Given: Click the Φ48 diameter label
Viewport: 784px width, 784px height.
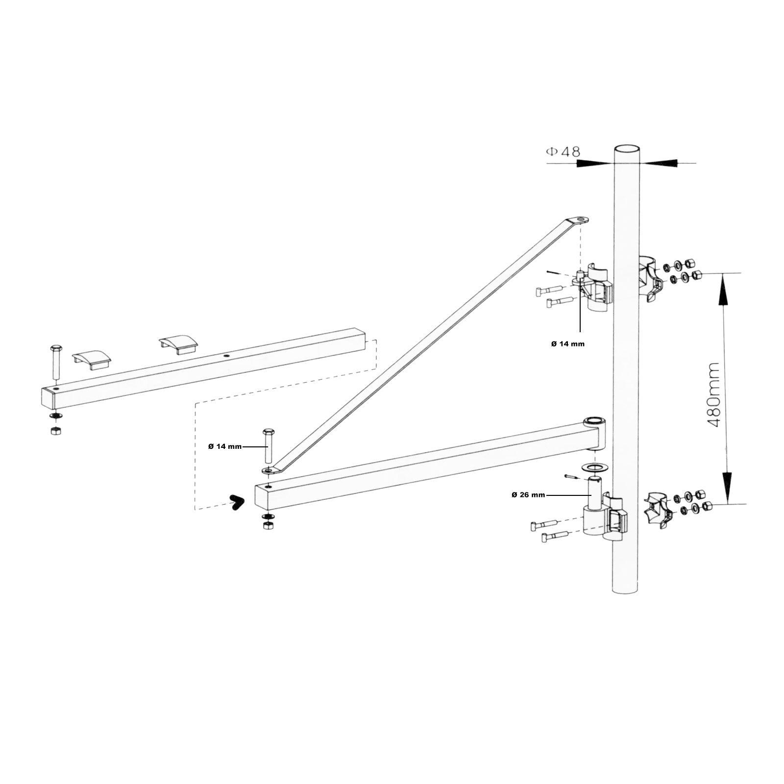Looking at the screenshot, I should tap(563, 152).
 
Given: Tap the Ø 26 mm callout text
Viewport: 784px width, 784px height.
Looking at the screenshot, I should tap(528, 495).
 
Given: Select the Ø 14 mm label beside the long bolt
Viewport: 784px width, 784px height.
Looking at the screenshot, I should tap(224, 446).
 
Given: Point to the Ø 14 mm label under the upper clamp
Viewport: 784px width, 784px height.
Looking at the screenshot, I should tap(567, 344).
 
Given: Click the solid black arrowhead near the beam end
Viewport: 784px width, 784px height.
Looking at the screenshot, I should tap(237, 502).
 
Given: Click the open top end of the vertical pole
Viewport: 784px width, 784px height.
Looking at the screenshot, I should tap(628, 149).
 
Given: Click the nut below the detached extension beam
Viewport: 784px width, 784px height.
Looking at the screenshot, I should tap(55, 431).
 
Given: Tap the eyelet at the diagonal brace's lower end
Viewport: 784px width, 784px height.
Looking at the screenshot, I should tap(268, 470).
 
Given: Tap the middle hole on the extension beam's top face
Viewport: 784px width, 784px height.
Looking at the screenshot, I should tap(226, 356).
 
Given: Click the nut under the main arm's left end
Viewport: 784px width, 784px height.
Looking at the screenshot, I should tap(268, 526).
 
